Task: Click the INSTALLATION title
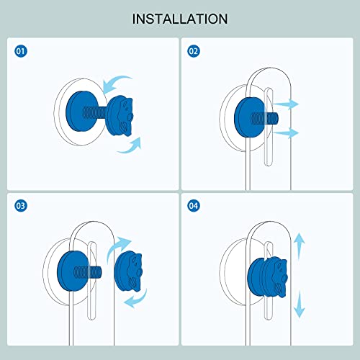coord(180,19)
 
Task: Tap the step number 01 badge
coord(21,51)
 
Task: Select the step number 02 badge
coord(194,51)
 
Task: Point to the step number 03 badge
coord(21,206)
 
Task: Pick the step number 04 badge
coord(194,206)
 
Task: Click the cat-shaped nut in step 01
coord(120,116)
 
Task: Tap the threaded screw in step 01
coord(95,113)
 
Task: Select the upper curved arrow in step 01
coord(116,83)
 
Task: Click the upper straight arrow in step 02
coord(286,104)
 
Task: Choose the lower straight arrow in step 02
coord(286,132)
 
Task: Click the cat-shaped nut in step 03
coord(129,271)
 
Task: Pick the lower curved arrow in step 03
coord(136,299)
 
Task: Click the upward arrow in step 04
coord(299,246)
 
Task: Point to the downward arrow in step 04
coord(299,304)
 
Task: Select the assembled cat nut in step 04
coord(268,276)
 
